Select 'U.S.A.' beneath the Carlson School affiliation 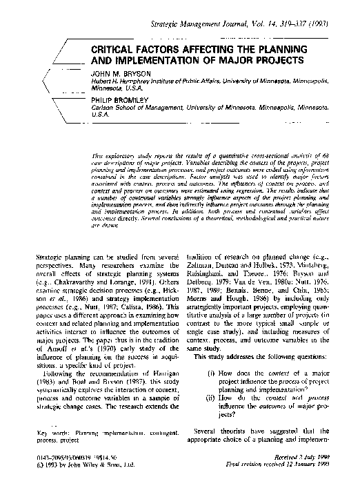coord(100,119)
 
